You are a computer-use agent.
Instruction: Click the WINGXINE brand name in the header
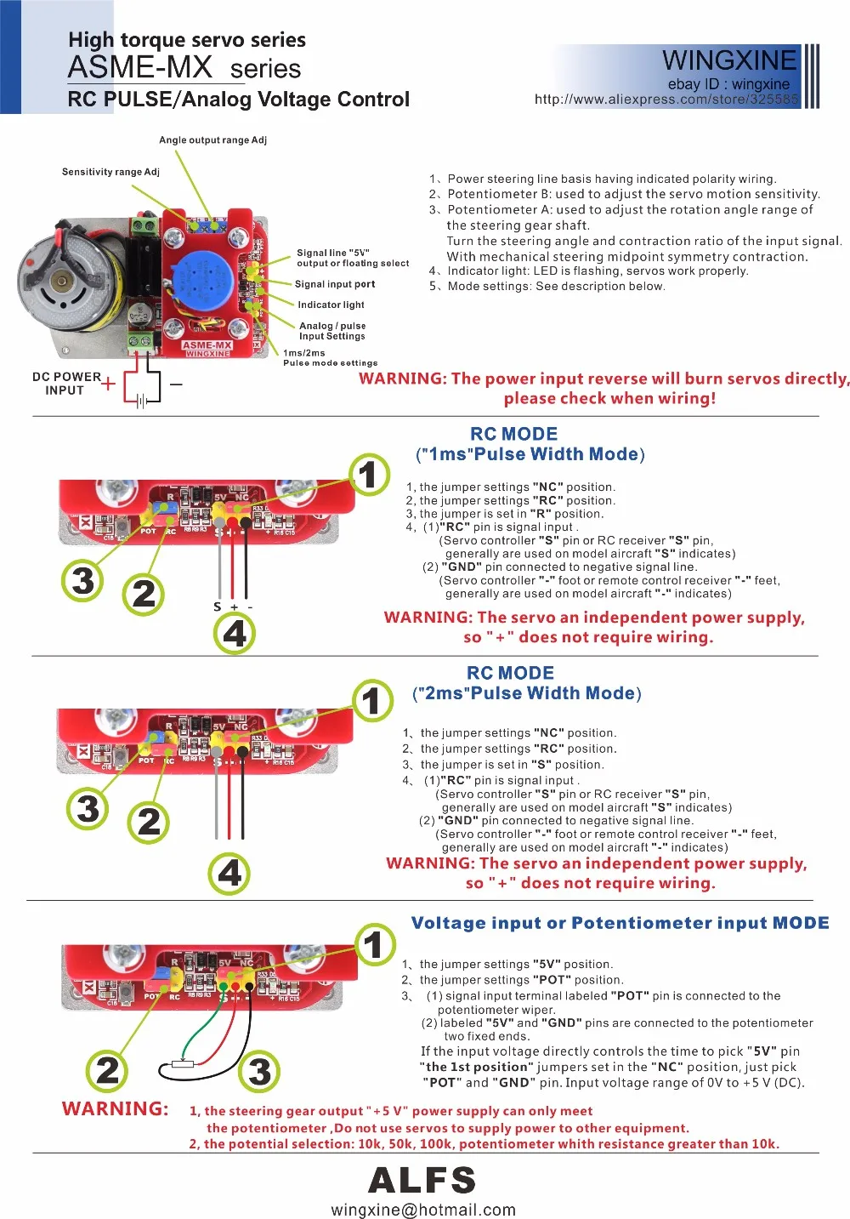pos(729,60)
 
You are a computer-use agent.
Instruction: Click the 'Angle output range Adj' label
pos(212,140)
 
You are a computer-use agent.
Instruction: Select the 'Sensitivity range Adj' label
pos(110,172)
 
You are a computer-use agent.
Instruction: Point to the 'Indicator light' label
pos(331,305)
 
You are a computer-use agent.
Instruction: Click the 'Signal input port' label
pos(334,284)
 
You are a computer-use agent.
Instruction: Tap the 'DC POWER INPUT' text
pos(65,384)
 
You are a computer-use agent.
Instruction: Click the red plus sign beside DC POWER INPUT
pos(108,384)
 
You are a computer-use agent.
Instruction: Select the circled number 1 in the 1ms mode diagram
pos(369,475)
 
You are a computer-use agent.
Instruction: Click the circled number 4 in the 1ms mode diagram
pos(235,634)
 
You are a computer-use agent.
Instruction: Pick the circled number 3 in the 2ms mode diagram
pos(88,808)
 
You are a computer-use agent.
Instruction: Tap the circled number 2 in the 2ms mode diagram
pos(149,822)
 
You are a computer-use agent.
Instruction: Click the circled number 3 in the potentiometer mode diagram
pos(260,1071)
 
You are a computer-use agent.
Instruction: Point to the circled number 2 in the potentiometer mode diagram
pos(107,1070)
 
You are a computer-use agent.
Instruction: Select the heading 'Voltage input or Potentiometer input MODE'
pos(620,923)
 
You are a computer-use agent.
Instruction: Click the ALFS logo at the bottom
pos(422,1180)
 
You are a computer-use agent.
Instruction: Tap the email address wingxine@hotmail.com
pos(422,1210)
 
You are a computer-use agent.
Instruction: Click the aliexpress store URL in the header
pos(666,100)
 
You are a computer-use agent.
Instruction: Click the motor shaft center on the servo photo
pos(61,282)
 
